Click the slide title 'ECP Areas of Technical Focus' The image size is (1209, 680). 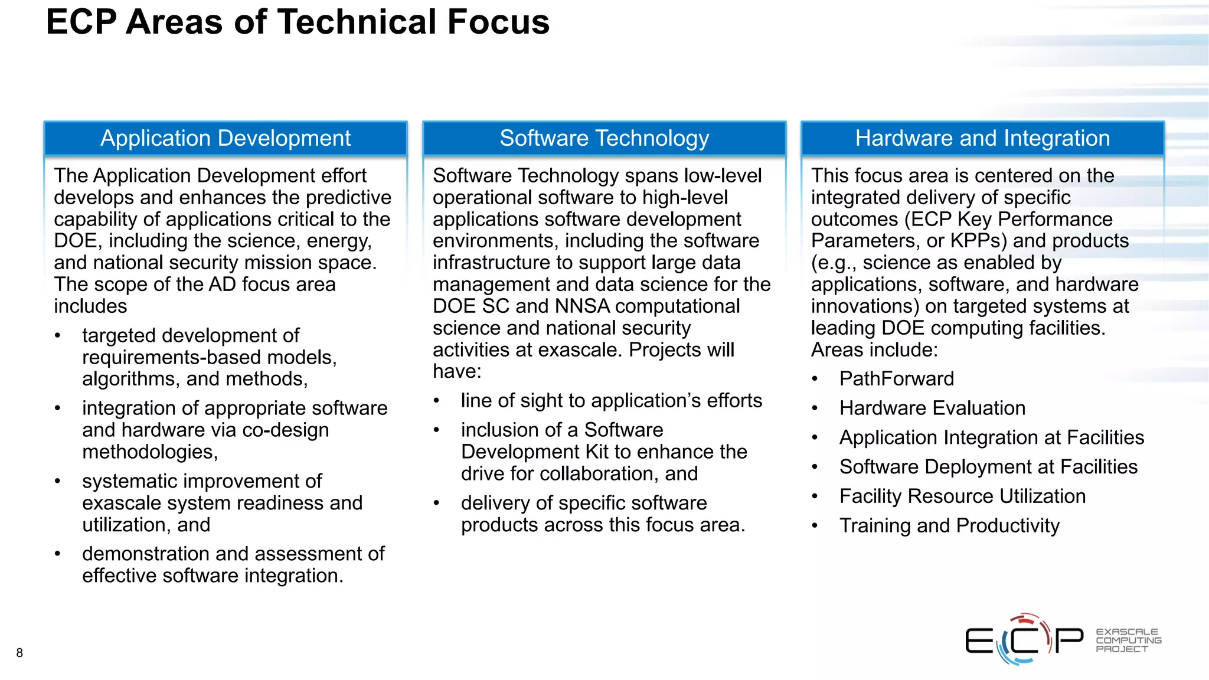click(x=298, y=22)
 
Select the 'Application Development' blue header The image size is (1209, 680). click(x=226, y=138)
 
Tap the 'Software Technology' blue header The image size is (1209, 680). click(x=604, y=138)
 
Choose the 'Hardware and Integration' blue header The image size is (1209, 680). click(x=982, y=138)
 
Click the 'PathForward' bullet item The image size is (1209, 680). click(x=896, y=379)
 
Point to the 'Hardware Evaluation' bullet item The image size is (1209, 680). click(x=932, y=408)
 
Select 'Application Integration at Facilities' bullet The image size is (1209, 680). click(x=991, y=438)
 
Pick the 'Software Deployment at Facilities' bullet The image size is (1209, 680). click(x=988, y=467)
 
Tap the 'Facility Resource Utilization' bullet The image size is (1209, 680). click(x=962, y=496)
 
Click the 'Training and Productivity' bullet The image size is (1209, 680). click(x=949, y=526)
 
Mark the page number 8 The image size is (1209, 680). click(x=19, y=653)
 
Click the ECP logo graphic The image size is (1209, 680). click(x=1024, y=640)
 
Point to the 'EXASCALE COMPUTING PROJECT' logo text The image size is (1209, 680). click(x=1128, y=640)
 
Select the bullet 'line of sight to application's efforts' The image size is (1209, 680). click(x=611, y=401)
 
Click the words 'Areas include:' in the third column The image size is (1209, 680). click(x=874, y=350)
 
